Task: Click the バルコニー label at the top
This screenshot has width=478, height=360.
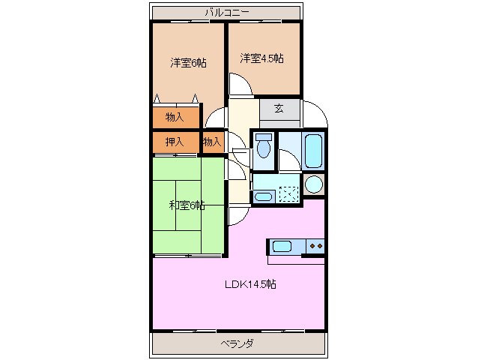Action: (227, 12)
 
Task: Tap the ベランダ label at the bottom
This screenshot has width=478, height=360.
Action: (238, 343)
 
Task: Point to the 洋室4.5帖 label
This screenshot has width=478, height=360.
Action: (261, 58)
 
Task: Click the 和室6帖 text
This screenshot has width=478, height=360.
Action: (187, 205)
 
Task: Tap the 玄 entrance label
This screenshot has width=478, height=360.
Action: (278, 109)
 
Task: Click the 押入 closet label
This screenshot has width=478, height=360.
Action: (175, 141)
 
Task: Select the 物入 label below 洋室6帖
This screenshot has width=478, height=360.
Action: (175, 117)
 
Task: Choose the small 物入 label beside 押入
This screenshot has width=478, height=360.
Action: (212, 141)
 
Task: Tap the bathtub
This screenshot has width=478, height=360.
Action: (314, 150)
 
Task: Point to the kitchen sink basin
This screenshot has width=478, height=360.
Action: (282, 245)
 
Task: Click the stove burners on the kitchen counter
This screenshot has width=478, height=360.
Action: (315, 245)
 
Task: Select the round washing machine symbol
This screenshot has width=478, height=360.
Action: (314, 184)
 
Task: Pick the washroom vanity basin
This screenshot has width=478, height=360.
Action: (262, 196)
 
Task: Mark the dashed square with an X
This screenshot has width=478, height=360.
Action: (287, 192)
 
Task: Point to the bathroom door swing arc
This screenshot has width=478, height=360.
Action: (287, 159)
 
